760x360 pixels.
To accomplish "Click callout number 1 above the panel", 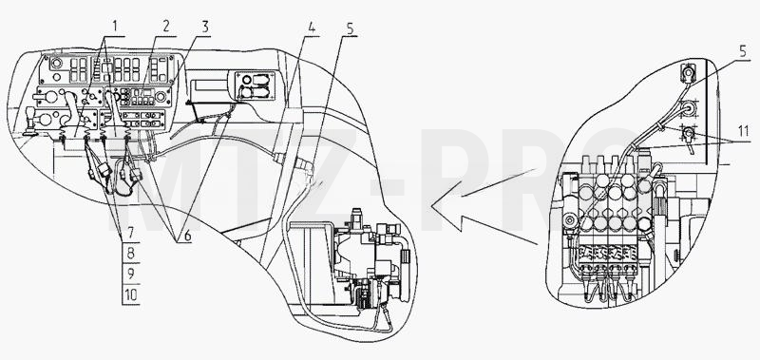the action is pyautogui.click(x=114, y=26).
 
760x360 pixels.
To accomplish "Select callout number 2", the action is pyautogui.click(x=166, y=27).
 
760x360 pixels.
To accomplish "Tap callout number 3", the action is pyautogui.click(x=205, y=28).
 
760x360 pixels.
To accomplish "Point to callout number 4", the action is pyautogui.click(x=312, y=28).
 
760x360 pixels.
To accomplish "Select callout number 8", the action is pyautogui.click(x=130, y=254).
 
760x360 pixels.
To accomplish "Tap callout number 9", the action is pyautogui.click(x=130, y=275).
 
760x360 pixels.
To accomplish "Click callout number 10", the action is pyautogui.click(x=130, y=294).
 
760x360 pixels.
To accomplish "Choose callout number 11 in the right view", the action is pyautogui.click(x=742, y=130).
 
